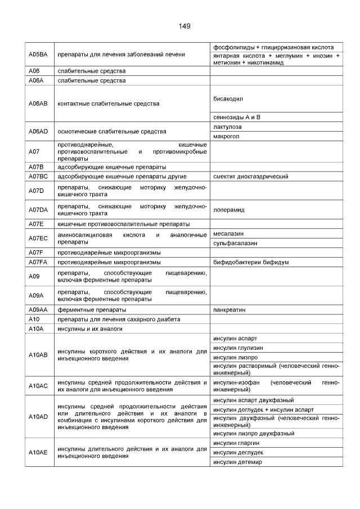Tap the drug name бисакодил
click(x=228, y=98)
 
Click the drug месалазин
click(x=228, y=233)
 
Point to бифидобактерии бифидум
click(x=251, y=262)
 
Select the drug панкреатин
click(x=229, y=309)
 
